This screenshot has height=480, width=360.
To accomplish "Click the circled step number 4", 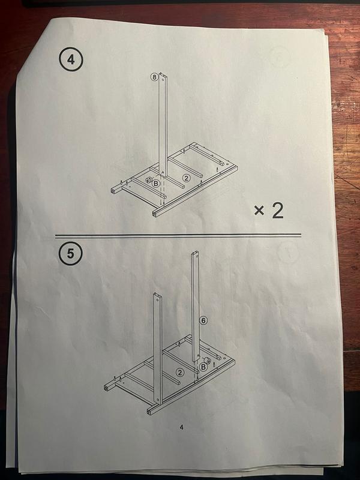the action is (x=71, y=59).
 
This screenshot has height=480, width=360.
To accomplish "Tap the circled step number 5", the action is (x=70, y=253).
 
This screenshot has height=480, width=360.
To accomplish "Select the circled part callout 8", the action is (x=154, y=77).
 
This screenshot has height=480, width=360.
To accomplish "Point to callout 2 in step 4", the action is (x=186, y=178).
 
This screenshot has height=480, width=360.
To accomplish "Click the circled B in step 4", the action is (x=156, y=184).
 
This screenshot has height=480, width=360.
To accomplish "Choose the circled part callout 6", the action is (x=203, y=320).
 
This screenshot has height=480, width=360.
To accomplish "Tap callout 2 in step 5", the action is (x=180, y=372).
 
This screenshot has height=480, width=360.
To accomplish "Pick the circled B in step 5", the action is (x=203, y=367).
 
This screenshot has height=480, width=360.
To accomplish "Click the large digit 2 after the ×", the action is (x=278, y=211).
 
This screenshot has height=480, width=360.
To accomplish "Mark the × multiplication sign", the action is (x=259, y=211).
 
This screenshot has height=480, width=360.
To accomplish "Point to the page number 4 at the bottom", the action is (x=182, y=427).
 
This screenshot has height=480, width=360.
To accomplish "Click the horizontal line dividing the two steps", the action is (x=178, y=235).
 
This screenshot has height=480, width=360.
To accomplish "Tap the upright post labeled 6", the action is (x=196, y=306).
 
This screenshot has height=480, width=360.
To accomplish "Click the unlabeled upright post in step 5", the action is (x=157, y=348).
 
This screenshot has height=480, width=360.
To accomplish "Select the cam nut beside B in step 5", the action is (x=206, y=359).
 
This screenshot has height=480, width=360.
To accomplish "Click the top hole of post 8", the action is (x=163, y=78).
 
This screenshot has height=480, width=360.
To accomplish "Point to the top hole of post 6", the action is (x=196, y=255).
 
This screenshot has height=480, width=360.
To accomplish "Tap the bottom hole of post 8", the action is (x=163, y=172).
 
